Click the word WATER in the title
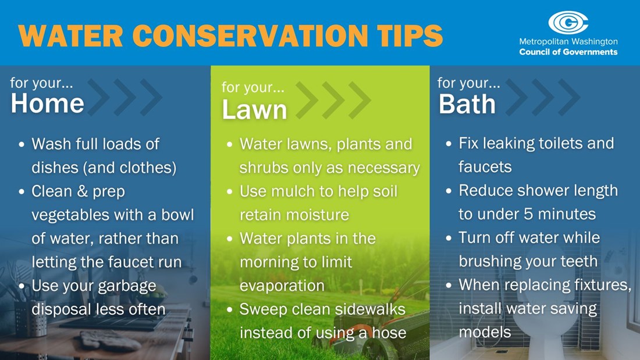[70, 35]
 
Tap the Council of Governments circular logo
[568, 23]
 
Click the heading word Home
[47, 104]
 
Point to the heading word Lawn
[254, 110]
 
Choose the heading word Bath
[467, 104]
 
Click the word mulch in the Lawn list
[294, 191]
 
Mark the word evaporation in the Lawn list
[282, 286]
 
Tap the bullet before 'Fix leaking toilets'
[449, 144]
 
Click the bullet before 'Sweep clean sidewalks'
[229, 310]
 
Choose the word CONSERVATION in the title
[250, 35]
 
